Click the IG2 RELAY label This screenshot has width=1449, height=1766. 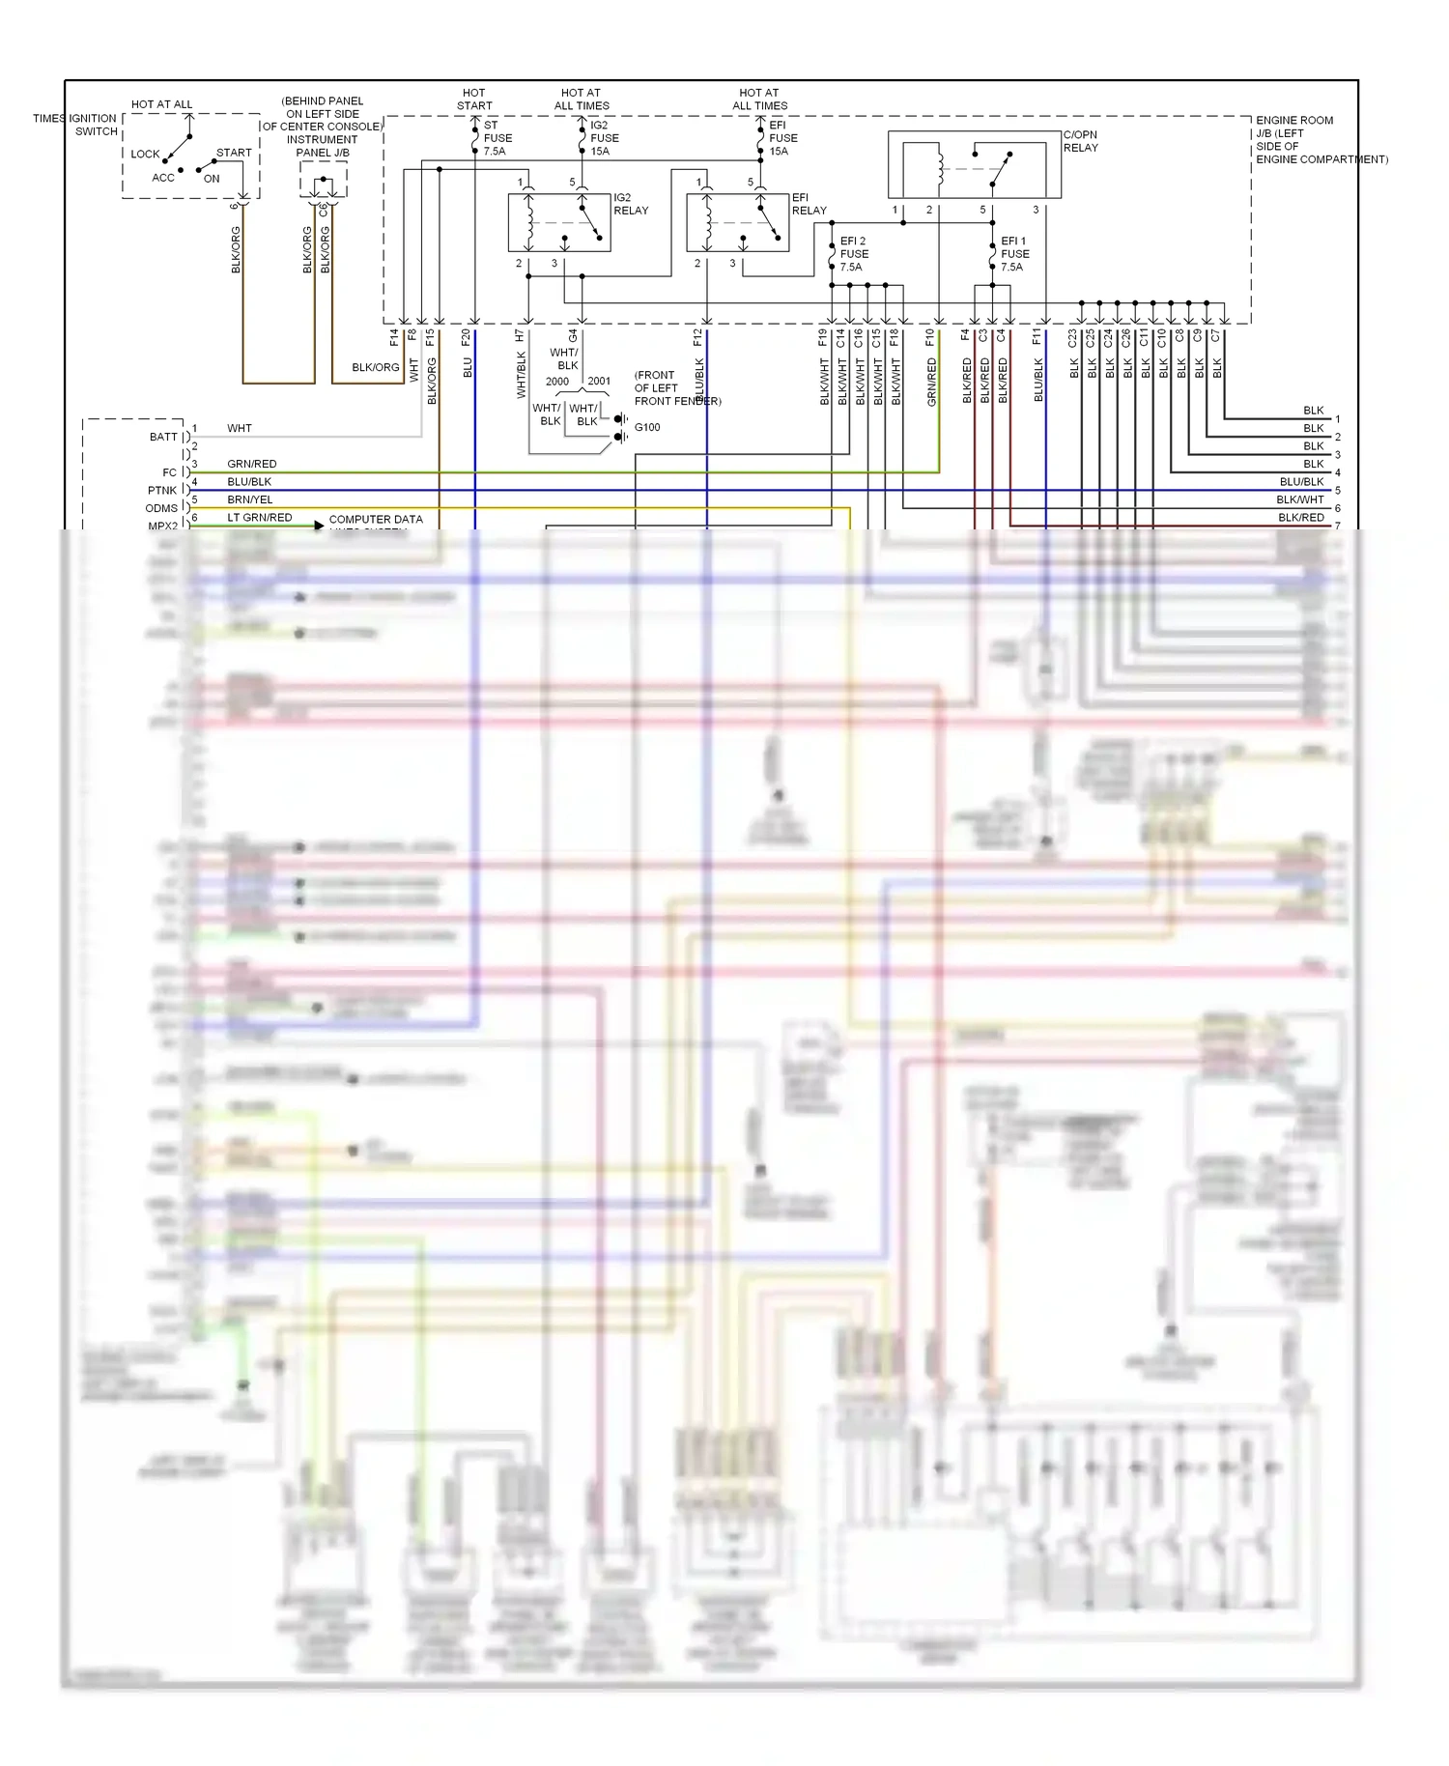point(631,204)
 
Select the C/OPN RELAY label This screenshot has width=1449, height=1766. point(1080,141)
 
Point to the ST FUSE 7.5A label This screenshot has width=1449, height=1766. point(497,138)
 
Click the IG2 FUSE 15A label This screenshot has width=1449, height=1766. point(604,138)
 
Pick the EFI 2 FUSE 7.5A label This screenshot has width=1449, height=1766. point(853,254)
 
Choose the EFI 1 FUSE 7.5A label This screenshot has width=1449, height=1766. point(1013,254)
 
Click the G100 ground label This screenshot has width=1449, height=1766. point(647,427)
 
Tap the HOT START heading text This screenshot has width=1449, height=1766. point(474,100)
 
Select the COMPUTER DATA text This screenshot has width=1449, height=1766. point(376,519)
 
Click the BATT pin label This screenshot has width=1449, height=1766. point(163,437)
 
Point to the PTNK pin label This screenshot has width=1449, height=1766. point(162,490)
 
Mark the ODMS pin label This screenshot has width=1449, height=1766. point(161,508)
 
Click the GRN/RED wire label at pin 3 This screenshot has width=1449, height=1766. point(251,464)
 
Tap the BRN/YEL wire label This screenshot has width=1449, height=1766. point(249,499)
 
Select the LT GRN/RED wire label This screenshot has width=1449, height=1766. point(259,518)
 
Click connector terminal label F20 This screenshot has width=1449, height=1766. point(466,337)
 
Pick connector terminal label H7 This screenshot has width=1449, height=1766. point(520,336)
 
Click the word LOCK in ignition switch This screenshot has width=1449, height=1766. point(145,154)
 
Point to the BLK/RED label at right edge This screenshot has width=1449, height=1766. point(1300,518)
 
